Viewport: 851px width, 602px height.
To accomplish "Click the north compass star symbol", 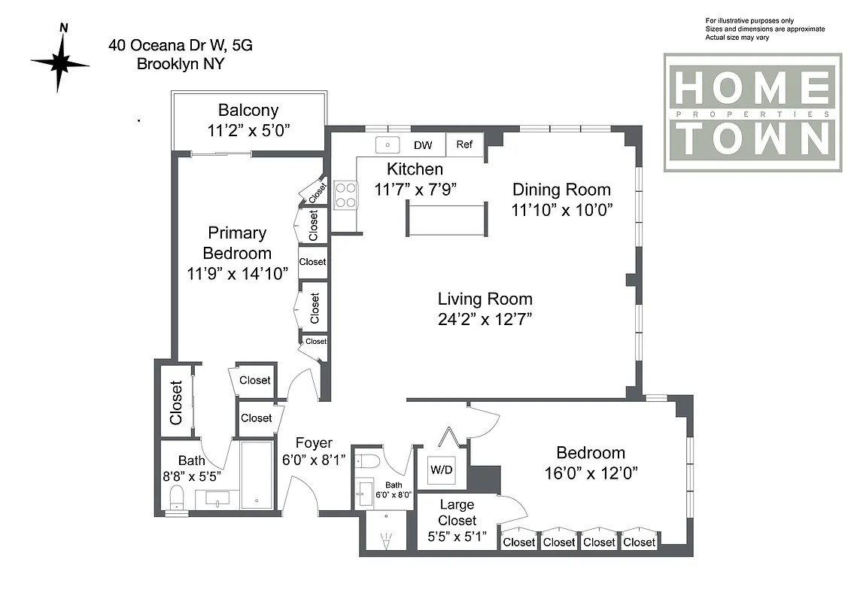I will (x=59, y=63).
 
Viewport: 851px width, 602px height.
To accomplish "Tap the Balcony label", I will (x=248, y=110).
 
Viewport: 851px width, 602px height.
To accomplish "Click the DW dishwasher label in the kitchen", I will (x=422, y=145).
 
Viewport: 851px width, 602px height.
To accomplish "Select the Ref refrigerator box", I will (x=464, y=144).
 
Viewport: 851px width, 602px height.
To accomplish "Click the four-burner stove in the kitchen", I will (x=345, y=194).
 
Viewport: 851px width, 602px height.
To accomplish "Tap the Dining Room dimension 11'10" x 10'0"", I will (x=561, y=210).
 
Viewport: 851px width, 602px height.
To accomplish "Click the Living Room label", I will (x=485, y=299).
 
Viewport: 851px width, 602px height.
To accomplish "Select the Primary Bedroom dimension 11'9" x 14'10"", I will (x=237, y=273).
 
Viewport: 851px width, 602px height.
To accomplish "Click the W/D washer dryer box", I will (x=441, y=470).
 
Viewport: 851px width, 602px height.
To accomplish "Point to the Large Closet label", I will (x=457, y=513).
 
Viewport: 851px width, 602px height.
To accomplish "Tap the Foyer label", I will (x=313, y=443).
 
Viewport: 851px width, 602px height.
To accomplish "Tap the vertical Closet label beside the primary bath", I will (x=176, y=402).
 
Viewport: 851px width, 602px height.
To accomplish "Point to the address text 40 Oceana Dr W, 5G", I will (x=180, y=45).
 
